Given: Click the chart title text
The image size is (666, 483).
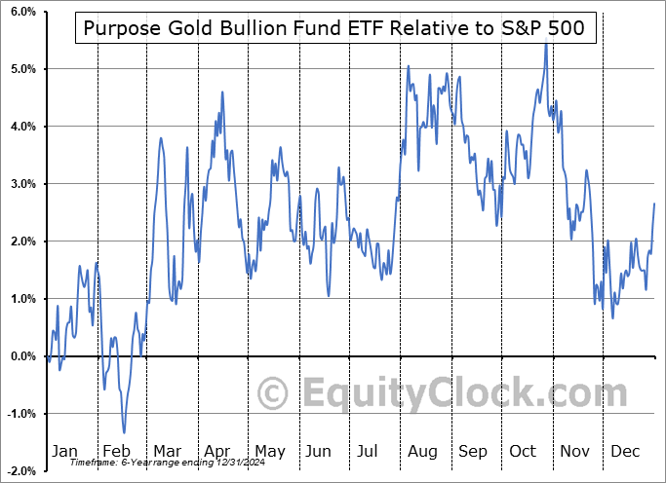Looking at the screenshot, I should point(335,28).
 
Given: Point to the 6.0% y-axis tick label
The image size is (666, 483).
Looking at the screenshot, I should point(21,12).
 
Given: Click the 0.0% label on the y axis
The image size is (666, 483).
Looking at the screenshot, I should point(21,356).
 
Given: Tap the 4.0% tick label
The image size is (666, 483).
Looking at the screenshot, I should point(21,127).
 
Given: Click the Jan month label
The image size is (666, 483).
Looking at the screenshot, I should point(63,451).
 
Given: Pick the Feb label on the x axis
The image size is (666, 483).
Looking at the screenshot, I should point(115,451).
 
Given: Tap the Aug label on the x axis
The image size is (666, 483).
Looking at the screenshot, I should point(422,451).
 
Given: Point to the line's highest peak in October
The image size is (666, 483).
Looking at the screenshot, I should point(546,45).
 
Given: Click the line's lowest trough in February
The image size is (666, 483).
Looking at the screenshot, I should point(124,432).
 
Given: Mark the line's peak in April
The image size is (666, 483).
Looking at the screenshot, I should point(222,93).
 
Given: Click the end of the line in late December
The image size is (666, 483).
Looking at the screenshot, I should point(653,203).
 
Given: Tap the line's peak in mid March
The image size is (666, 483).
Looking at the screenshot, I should point(161,137).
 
